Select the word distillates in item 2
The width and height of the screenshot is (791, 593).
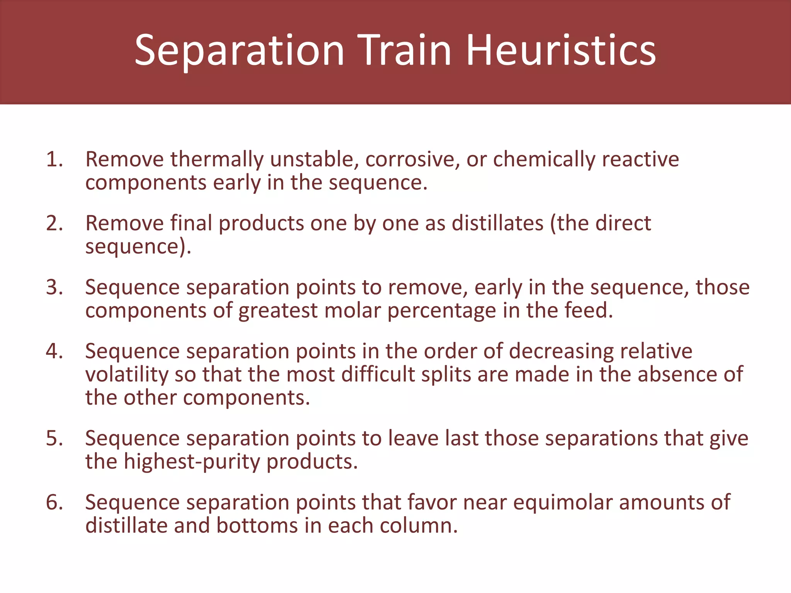point(497,223)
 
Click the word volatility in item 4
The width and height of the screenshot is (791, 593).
point(127,374)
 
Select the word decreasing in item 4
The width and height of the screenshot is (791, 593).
point(561,351)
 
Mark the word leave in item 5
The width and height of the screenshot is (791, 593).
point(413,439)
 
